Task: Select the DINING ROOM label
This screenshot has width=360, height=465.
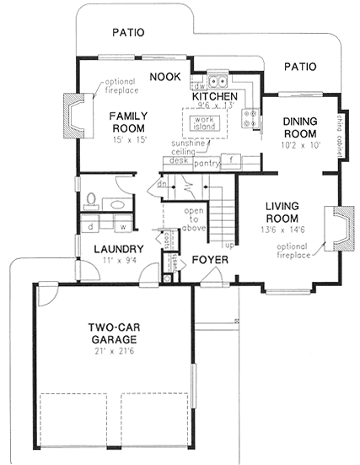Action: point(299,127)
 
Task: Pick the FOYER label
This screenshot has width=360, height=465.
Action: point(207,260)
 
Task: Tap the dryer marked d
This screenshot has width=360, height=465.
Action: point(89,225)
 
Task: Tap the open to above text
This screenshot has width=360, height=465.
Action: point(196,215)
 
